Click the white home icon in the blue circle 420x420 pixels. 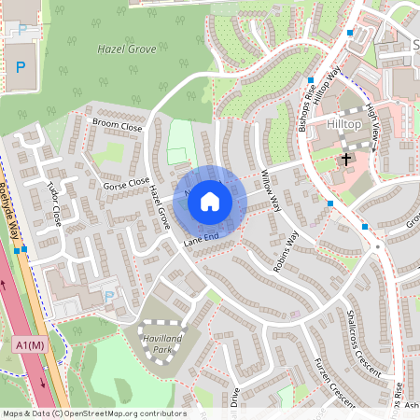coord(210,201)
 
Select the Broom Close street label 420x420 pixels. coord(116,125)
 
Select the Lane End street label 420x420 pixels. coord(201,241)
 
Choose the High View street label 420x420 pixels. coord(372,122)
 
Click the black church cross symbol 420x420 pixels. coord(346,158)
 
